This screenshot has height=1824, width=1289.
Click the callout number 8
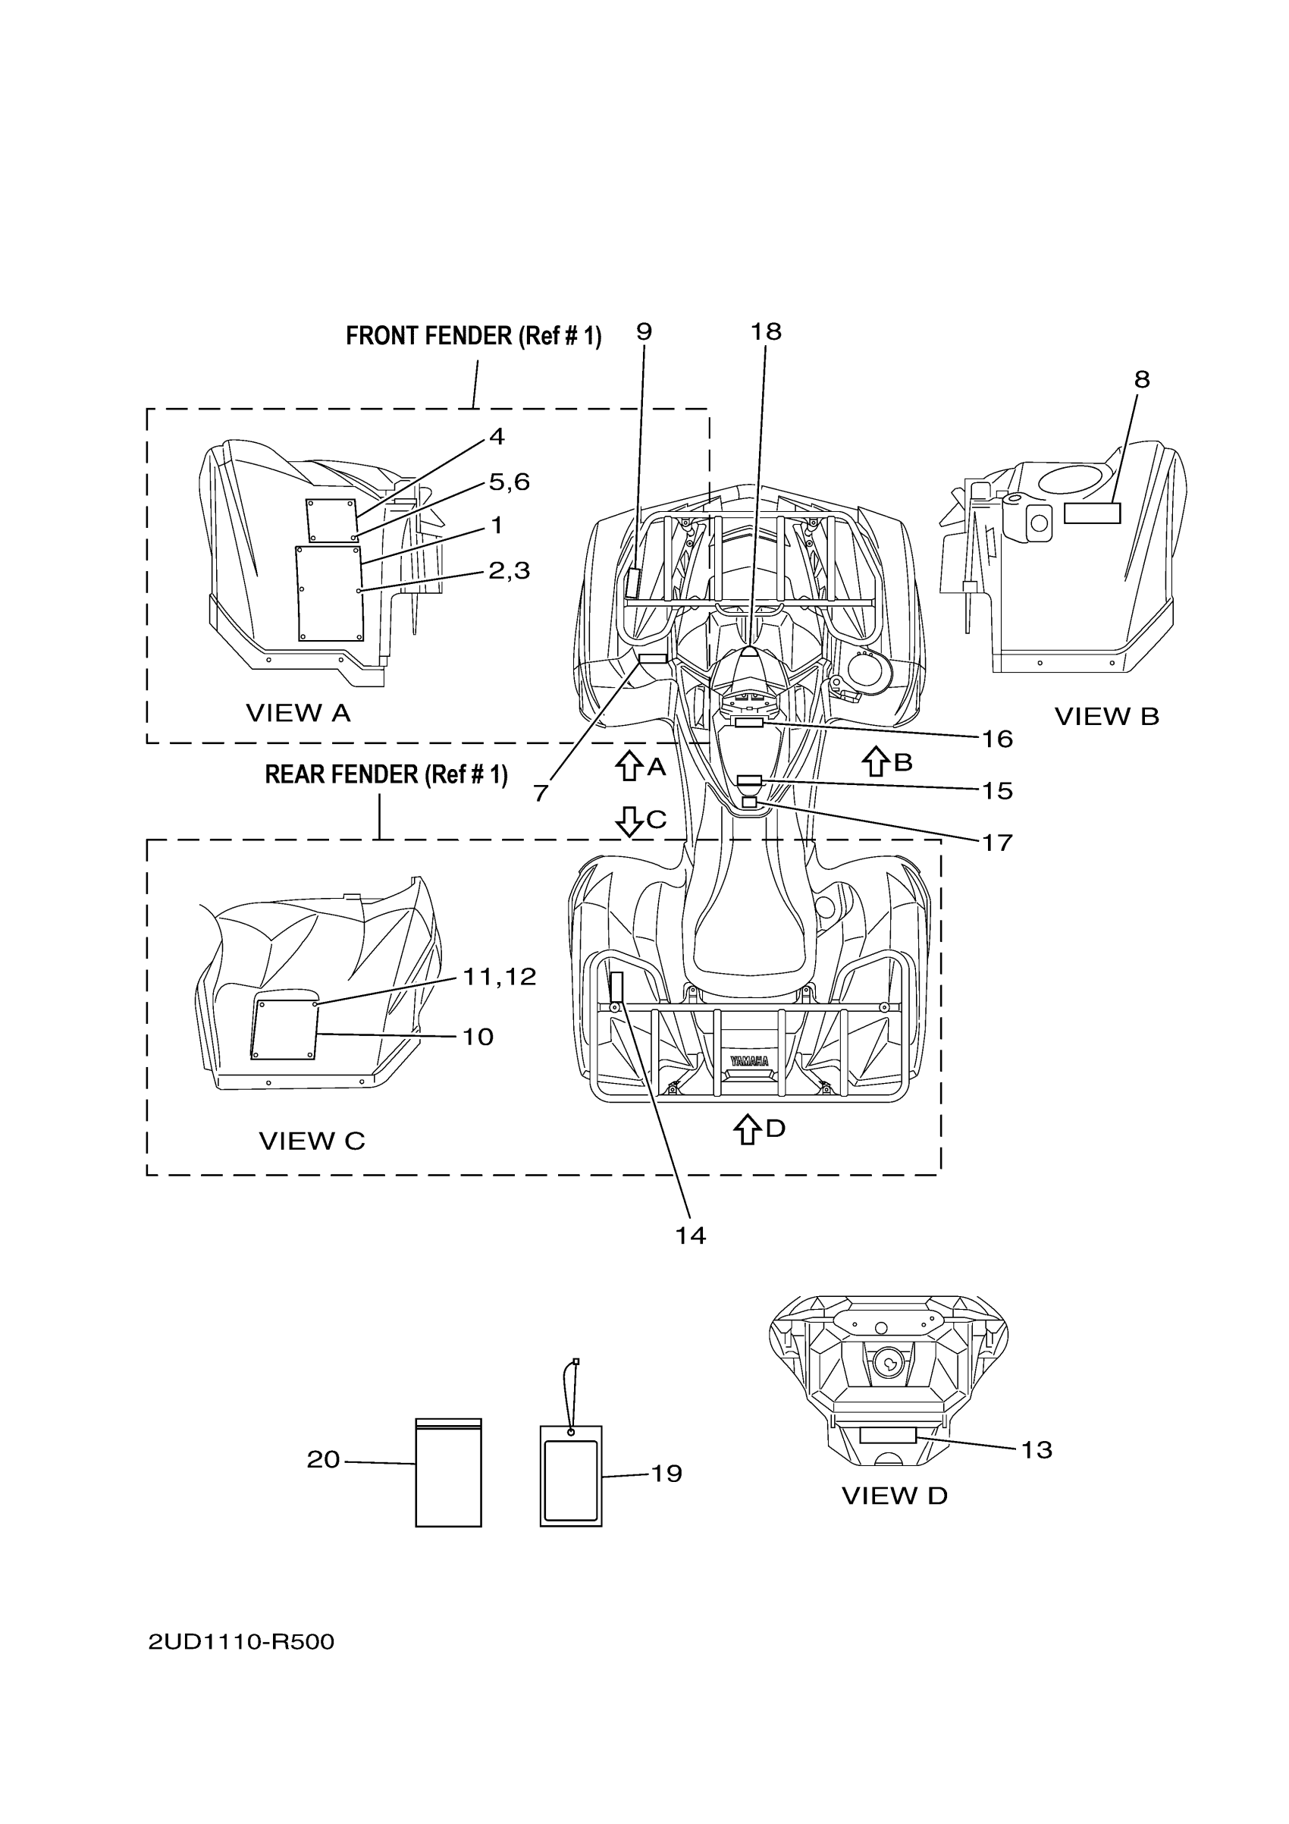coord(1141,380)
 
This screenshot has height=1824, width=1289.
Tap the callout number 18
coord(766,331)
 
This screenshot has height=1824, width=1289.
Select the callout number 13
coord(1036,1450)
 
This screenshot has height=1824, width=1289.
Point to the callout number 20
coord(323,1459)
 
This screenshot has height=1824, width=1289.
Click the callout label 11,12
coord(499,976)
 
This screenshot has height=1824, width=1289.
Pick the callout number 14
coord(690,1235)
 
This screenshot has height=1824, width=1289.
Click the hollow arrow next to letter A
coord(629,766)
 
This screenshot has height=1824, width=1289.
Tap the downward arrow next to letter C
coord(629,821)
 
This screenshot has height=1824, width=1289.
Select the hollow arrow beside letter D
coord(747,1129)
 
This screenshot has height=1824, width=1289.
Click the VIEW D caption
coord(894,1496)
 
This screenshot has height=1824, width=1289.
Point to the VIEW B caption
coord(1106,717)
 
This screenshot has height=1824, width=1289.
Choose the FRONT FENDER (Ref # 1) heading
coord(473,336)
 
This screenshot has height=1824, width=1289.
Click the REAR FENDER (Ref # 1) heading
coord(386,774)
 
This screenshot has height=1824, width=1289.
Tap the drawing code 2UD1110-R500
coord(241,1642)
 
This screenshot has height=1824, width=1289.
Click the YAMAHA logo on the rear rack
coord(749,1061)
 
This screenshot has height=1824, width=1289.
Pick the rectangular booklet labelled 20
coord(448,1473)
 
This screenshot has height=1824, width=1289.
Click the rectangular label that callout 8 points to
coord(1091,513)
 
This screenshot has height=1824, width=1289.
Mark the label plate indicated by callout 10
coord(284,1030)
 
